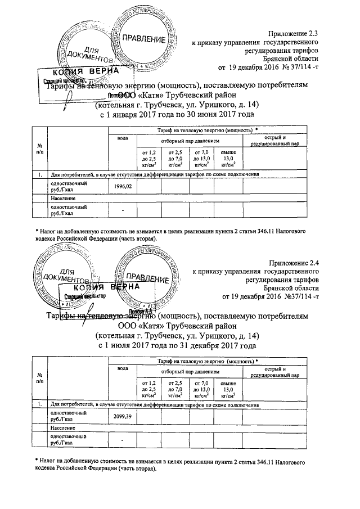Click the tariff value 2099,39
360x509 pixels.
[122, 416]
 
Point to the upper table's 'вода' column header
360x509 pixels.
[122, 138]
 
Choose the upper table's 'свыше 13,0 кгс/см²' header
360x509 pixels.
[228, 159]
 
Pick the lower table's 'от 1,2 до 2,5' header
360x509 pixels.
[148, 389]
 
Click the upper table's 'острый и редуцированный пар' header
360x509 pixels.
[276, 141]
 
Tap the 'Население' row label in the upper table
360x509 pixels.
[61, 199]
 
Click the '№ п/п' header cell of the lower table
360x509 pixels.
[39, 377]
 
